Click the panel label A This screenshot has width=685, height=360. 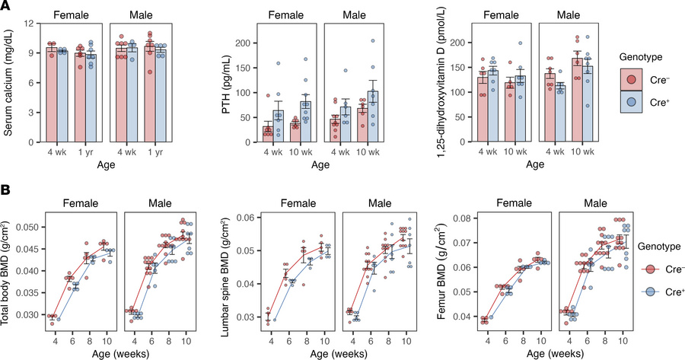coord(6,7)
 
